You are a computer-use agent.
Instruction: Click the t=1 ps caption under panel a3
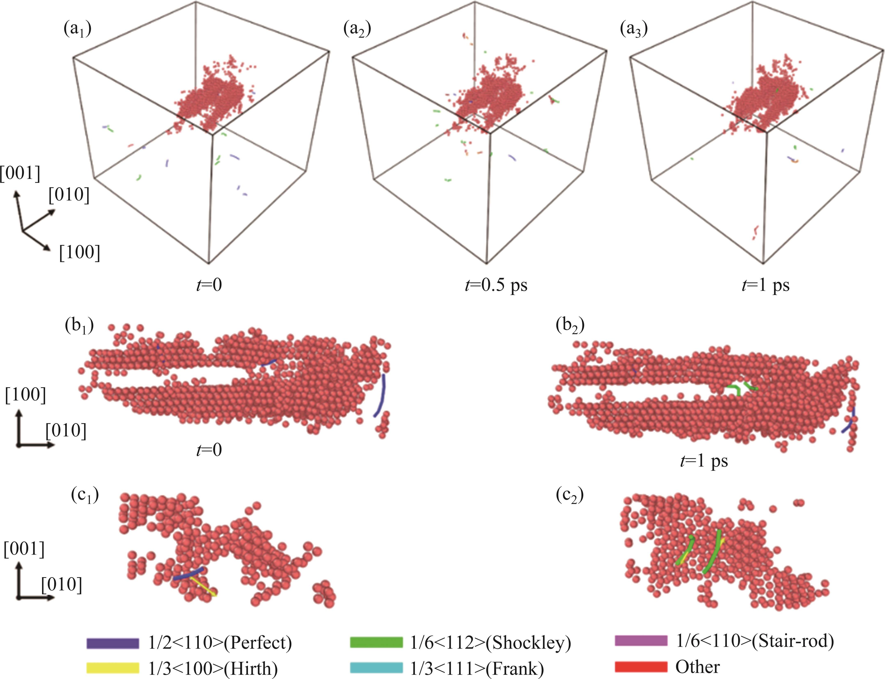pyautogui.click(x=765, y=285)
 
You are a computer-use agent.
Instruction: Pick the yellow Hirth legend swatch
pyautogui.click(x=112, y=667)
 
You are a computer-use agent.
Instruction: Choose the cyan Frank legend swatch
pyautogui.click(x=376, y=667)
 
